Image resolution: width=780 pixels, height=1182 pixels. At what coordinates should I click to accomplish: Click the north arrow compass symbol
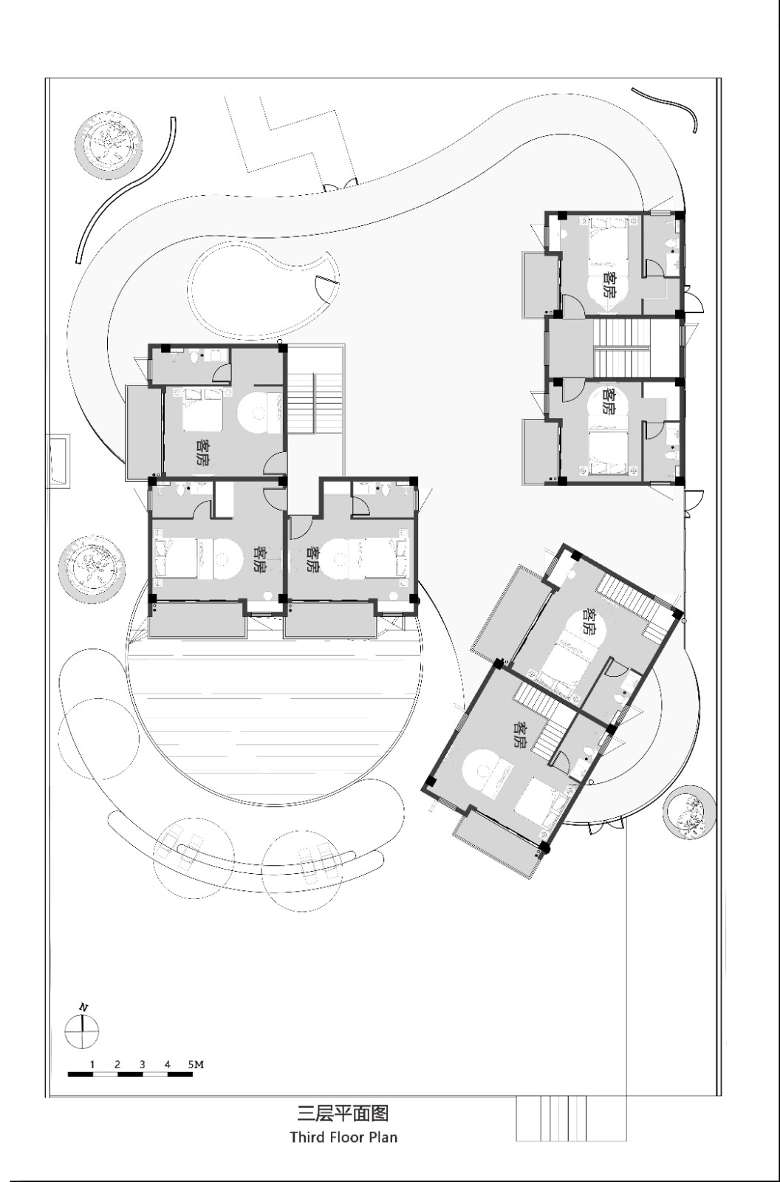coord(82,1031)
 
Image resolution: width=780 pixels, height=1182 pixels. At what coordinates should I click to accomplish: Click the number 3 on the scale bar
coord(142,1065)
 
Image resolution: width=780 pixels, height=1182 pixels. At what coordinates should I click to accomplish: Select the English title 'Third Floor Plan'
coord(343,1136)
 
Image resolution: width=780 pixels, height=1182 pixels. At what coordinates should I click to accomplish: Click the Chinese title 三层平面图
coord(343,1113)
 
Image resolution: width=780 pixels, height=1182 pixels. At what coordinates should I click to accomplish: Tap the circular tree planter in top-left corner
coord(109,143)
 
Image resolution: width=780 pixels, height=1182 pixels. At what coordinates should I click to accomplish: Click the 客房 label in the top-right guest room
coord(609,284)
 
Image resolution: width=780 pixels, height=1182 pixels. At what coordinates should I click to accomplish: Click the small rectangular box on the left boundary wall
coord(58,461)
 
